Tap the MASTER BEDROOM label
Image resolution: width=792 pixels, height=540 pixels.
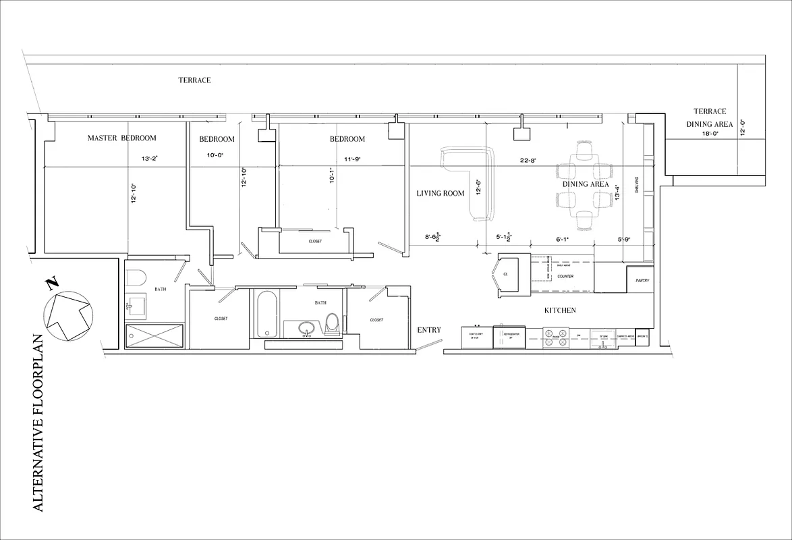(121, 138)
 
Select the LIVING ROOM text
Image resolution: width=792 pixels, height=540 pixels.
(441, 194)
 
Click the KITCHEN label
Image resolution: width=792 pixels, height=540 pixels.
(560, 310)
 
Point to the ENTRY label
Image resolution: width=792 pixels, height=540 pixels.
(429, 330)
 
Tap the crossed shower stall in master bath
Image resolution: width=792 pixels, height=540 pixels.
(154, 335)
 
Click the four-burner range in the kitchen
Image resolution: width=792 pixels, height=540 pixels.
(557, 337)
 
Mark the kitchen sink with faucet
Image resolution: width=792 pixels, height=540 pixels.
(600, 339)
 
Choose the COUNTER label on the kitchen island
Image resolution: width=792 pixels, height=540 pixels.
(565, 277)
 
